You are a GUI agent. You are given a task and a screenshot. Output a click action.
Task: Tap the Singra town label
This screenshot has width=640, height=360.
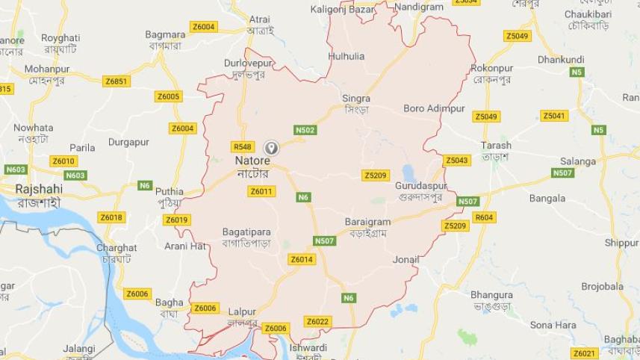(356, 99)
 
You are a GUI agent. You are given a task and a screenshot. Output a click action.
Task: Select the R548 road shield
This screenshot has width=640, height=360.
(243, 146)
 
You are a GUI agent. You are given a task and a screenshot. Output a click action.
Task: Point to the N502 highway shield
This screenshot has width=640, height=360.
(305, 130)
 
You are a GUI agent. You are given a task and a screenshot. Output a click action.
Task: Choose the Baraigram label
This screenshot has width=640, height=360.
(367, 223)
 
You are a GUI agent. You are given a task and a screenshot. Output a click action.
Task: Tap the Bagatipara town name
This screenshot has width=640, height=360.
(246, 232)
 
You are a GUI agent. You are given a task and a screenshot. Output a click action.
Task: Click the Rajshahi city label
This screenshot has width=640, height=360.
(38, 190)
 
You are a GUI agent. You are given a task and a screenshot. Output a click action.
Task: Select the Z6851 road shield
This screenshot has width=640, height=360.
(116, 81)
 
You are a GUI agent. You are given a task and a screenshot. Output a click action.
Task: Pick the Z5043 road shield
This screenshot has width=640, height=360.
(456, 161)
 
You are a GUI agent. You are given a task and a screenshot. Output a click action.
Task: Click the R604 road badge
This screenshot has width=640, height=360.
(484, 217)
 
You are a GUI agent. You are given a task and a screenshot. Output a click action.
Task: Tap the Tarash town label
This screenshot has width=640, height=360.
(497, 146)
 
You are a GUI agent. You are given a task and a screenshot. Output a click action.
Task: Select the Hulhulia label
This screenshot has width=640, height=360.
(347, 56)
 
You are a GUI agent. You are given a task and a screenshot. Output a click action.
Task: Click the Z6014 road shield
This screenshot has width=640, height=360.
(302, 259)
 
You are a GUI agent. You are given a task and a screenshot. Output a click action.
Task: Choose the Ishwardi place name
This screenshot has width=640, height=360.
(308, 347)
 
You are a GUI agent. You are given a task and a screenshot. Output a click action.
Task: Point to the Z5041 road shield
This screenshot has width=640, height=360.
(554, 116)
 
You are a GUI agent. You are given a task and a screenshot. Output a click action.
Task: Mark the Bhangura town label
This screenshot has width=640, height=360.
(492, 295)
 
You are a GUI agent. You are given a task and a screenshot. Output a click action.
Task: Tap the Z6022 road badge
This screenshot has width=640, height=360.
(317, 321)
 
